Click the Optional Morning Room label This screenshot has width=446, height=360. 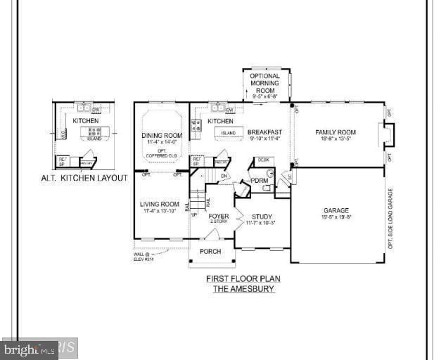(x=265, y=84)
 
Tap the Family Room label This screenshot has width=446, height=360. (x=335, y=132)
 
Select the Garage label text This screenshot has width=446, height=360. (x=336, y=210)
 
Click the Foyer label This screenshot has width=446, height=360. (x=219, y=217)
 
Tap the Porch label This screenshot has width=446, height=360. (x=210, y=251)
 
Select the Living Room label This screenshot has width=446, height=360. (x=160, y=204)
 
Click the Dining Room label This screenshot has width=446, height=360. (x=162, y=135)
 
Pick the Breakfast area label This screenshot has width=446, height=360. (x=265, y=132)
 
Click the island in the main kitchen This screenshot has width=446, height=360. (x=228, y=133)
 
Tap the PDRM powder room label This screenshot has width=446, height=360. (x=260, y=180)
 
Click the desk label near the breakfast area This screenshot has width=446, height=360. (x=262, y=160)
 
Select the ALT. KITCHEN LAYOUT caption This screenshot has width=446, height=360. (x=84, y=178)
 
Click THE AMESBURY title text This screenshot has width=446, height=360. (x=243, y=288)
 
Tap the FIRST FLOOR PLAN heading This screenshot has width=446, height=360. (x=243, y=278)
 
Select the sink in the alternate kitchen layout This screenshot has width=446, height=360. (x=84, y=108)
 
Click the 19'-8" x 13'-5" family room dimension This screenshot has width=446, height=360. (x=335, y=139)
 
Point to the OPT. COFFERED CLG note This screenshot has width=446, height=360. (x=162, y=154)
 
